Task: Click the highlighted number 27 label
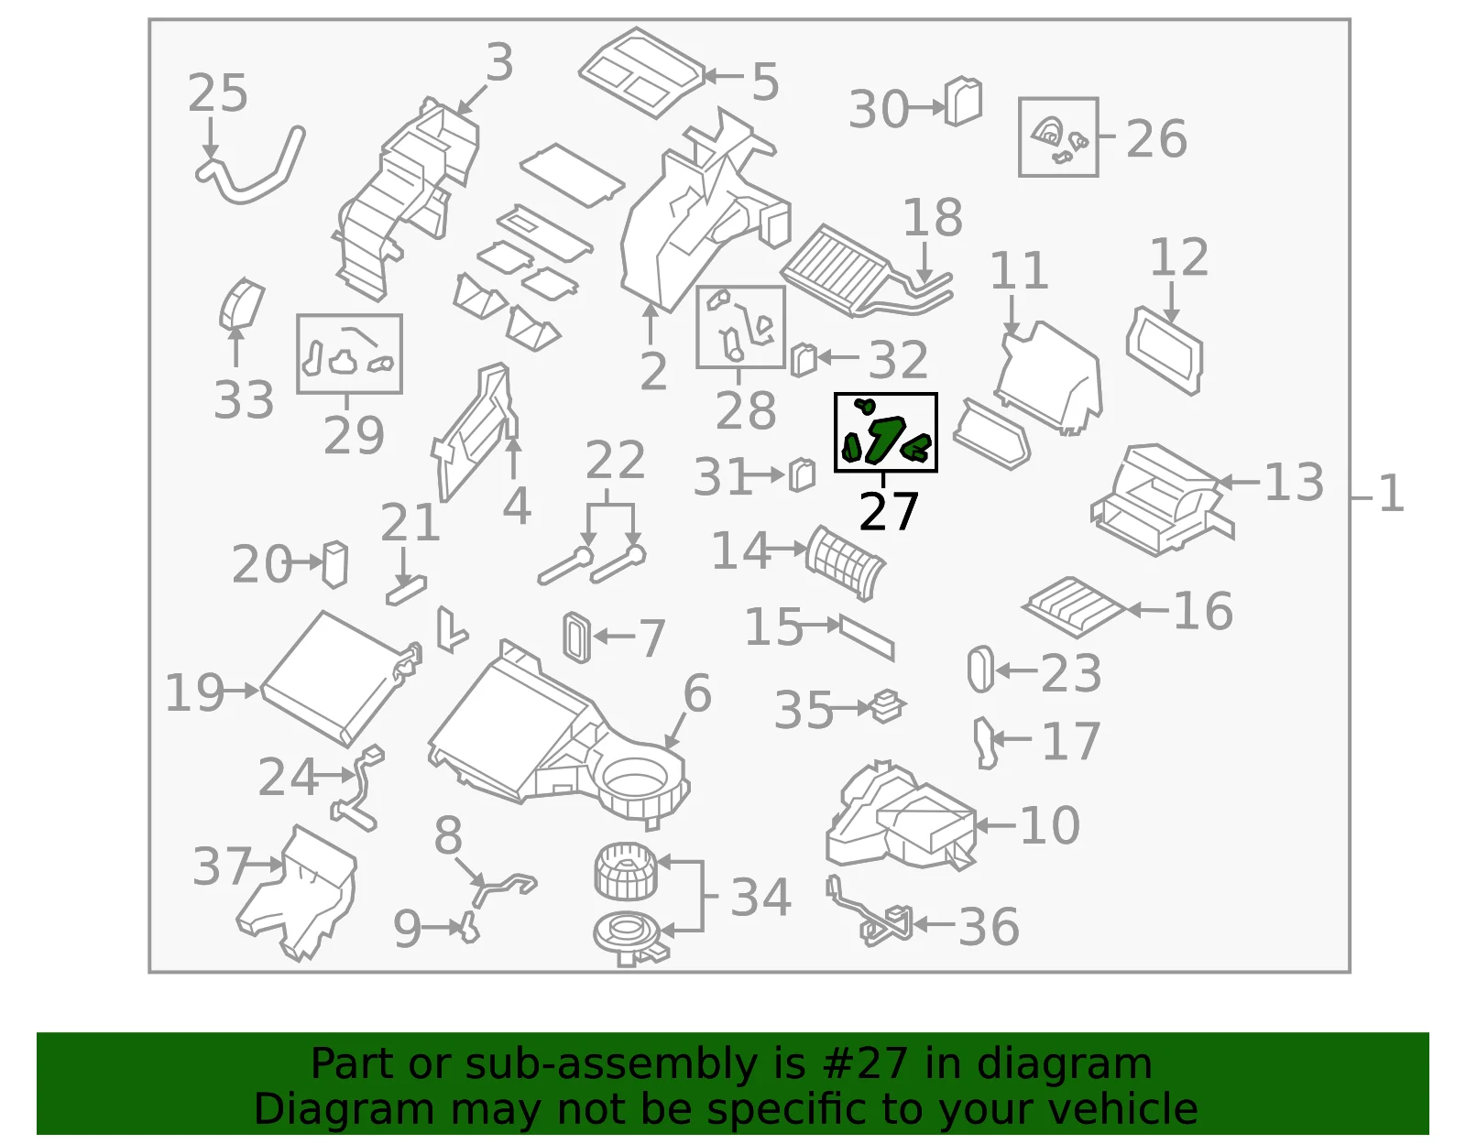point(889,512)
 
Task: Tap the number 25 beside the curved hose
point(218,93)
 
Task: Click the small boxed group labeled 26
point(1058,137)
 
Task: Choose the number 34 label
point(760,898)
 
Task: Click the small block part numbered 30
point(963,102)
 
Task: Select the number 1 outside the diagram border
point(1391,494)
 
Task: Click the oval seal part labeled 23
point(980,670)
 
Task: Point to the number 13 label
point(1294,483)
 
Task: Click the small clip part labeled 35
point(887,706)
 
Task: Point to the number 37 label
point(222,866)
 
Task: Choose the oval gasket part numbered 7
point(577,637)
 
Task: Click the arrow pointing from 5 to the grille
point(723,76)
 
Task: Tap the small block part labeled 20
point(334,564)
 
